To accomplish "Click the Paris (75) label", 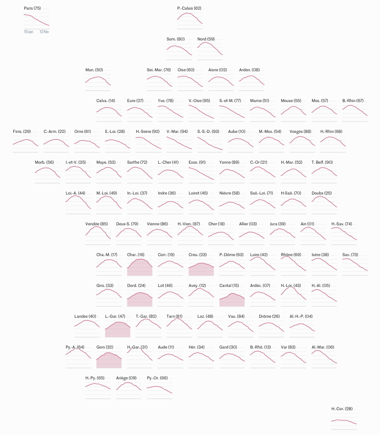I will (32, 8).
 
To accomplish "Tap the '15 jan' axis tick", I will (28, 32).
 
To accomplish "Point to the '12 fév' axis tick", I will (45, 32).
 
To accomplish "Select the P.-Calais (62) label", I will (189, 8).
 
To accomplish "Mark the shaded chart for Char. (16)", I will (140, 268).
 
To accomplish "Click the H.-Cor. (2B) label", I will (342, 409).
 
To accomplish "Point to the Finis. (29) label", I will (22, 132).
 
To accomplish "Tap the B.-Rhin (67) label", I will (353, 101).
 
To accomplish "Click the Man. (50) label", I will (94, 70).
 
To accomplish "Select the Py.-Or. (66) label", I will (157, 378).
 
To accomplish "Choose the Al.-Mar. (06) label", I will (323, 347).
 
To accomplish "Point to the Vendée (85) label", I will (96, 224).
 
